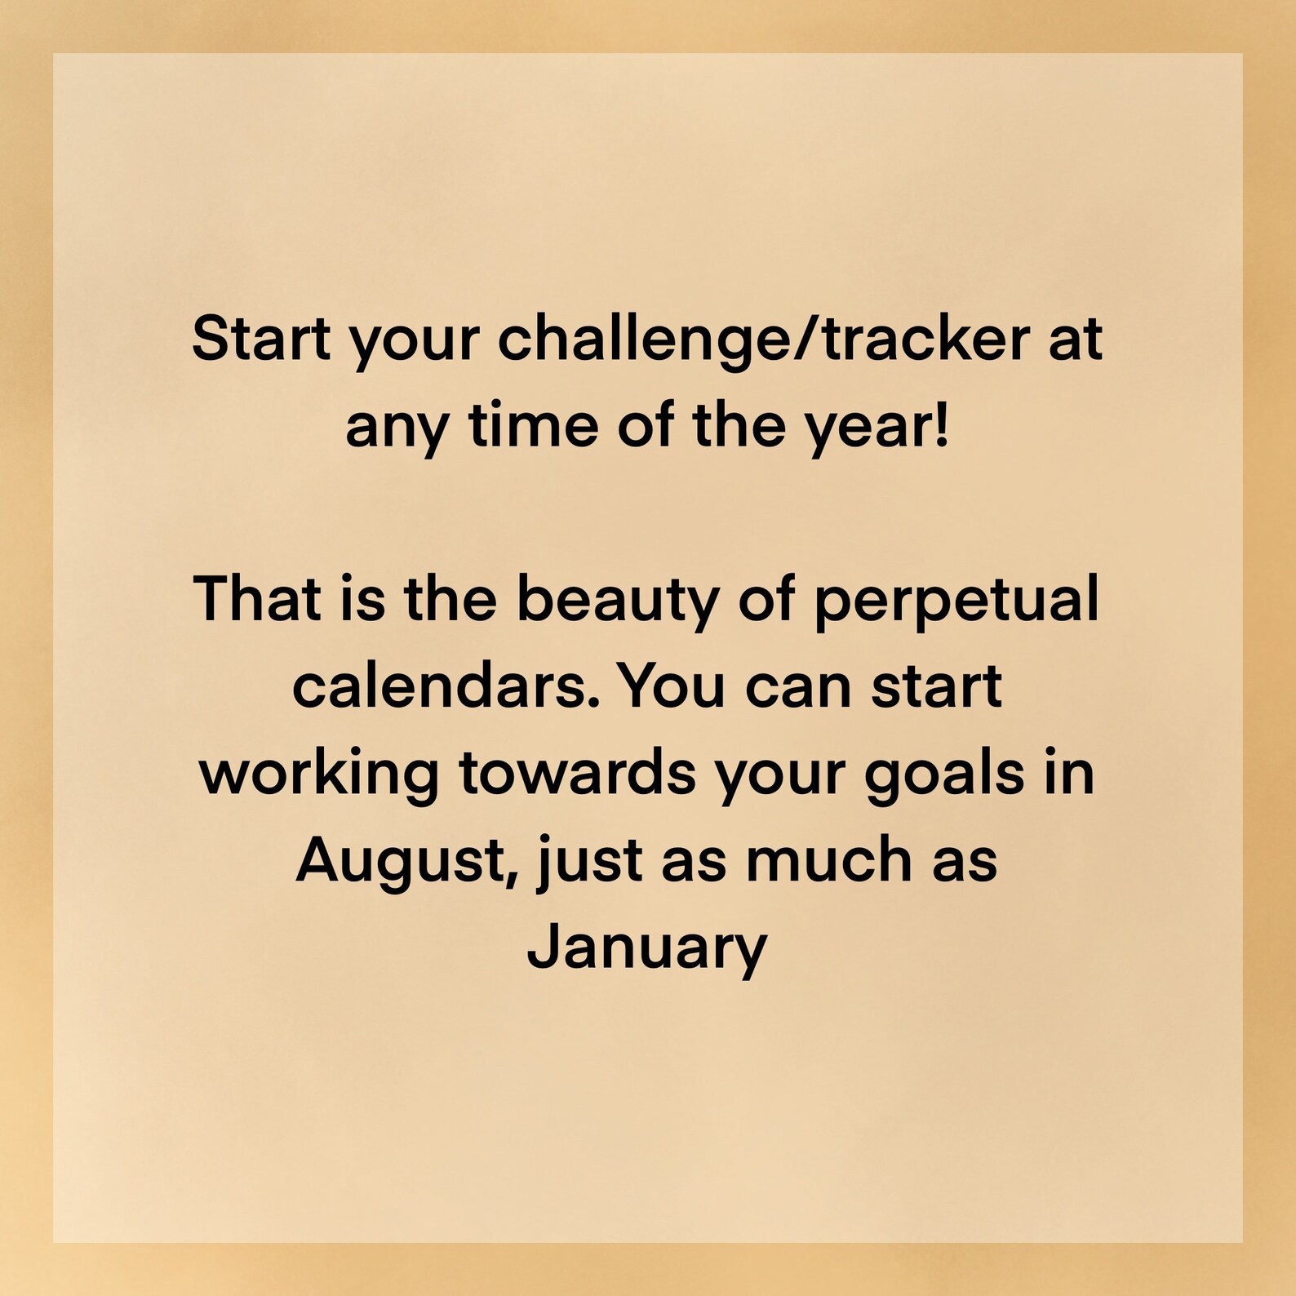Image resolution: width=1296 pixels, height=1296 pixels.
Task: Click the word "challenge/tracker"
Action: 763,340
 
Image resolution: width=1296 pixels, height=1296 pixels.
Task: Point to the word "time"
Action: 534,426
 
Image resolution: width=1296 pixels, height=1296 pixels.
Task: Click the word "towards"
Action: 577,773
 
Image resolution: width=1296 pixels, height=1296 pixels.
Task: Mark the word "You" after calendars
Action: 670,686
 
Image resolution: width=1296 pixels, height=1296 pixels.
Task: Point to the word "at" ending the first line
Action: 1075,340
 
